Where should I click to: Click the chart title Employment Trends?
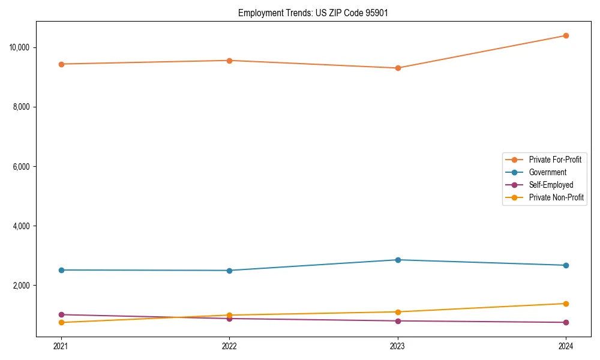coord(313,13)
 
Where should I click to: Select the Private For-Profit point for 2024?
coord(566,35)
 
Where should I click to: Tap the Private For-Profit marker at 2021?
coord(61,64)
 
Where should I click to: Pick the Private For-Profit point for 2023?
coord(397,68)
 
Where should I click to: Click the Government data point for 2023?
coord(397,260)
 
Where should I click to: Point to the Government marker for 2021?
coord(61,270)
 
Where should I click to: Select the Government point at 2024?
coord(566,265)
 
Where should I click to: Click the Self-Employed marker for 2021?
coord(61,314)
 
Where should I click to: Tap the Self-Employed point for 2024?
coord(566,322)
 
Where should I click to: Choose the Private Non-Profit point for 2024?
coord(566,304)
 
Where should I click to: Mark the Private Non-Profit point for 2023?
coord(397,312)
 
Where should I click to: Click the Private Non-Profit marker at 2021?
coord(61,323)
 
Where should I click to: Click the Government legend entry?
coord(547,172)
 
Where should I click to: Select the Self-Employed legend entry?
coord(551,185)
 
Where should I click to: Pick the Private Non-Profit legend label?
coord(556,197)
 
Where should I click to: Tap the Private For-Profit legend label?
coord(555,160)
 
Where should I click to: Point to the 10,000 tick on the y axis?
coord(20,47)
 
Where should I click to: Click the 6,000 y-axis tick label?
coord(22,166)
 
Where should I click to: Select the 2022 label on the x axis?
coord(229,346)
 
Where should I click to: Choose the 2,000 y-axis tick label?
coord(22,286)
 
